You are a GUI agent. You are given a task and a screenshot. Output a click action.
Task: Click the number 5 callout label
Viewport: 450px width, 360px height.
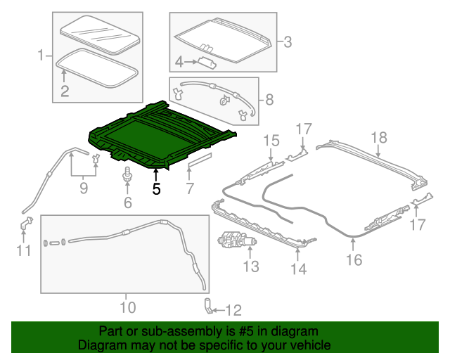click(x=156, y=188)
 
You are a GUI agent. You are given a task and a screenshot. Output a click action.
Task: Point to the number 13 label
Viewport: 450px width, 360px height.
click(x=251, y=266)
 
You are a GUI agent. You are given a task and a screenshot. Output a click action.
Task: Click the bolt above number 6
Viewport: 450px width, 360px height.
click(x=127, y=174)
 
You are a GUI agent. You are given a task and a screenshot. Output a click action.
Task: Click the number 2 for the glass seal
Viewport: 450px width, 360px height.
click(x=64, y=90)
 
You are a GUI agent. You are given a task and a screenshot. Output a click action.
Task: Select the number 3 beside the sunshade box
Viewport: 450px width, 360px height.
click(x=287, y=42)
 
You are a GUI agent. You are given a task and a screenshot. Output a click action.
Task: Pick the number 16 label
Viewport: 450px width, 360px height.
click(x=353, y=260)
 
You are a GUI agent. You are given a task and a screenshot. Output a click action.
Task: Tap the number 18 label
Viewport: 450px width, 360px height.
click(x=378, y=137)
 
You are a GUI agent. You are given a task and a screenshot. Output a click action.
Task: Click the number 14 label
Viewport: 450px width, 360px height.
click(x=298, y=269)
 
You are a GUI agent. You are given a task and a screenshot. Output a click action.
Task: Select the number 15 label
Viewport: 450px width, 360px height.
click(x=271, y=141)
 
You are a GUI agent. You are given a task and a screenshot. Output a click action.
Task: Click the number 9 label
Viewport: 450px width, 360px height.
click(x=83, y=188)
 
